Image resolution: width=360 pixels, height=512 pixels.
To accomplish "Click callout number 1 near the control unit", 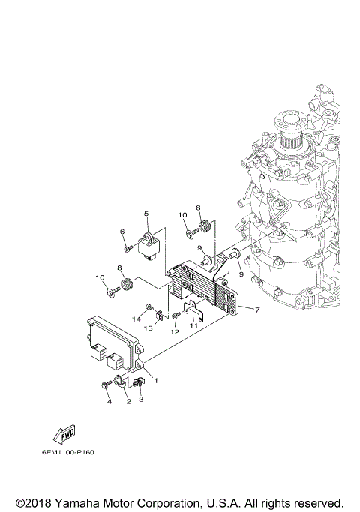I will point(155,380).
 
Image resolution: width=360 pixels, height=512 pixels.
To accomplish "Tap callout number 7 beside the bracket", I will point(258,310).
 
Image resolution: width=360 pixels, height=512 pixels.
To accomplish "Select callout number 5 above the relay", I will point(146,214).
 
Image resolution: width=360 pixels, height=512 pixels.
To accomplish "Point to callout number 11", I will point(193,326).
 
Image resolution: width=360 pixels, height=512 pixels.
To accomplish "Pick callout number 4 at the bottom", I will point(109,402).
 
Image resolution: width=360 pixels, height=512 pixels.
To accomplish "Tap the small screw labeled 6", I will point(129,249).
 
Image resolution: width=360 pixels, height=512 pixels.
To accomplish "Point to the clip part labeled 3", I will point(138,384).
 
